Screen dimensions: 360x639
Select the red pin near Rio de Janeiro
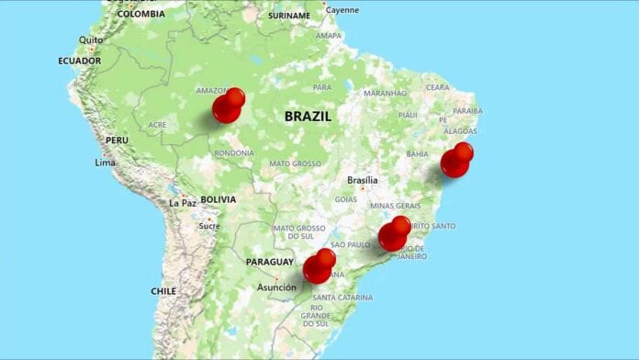tap(394, 236)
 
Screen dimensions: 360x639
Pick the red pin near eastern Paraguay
tap(319, 267)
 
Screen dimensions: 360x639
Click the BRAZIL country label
tap(308, 117)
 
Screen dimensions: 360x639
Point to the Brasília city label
tap(362, 181)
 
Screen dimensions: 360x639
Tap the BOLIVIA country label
tap(218, 199)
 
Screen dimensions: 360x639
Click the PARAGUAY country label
tap(270, 262)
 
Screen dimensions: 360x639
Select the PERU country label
tap(117, 140)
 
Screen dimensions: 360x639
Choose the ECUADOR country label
tap(79, 61)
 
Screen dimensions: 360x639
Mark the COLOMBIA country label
tap(141, 14)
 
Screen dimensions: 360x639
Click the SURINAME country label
tap(289, 16)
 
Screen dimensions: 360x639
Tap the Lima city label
tap(106, 163)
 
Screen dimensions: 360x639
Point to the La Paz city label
tap(183, 203)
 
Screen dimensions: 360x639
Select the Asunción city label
tap(276, 287)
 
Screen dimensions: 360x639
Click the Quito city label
tap(91, 40)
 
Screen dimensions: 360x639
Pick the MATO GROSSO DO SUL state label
tap(299, 232)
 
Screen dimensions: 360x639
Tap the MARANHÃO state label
tap(385, 93)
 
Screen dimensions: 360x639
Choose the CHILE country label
tap(163, 290)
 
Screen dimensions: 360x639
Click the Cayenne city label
tap(342, 10)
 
